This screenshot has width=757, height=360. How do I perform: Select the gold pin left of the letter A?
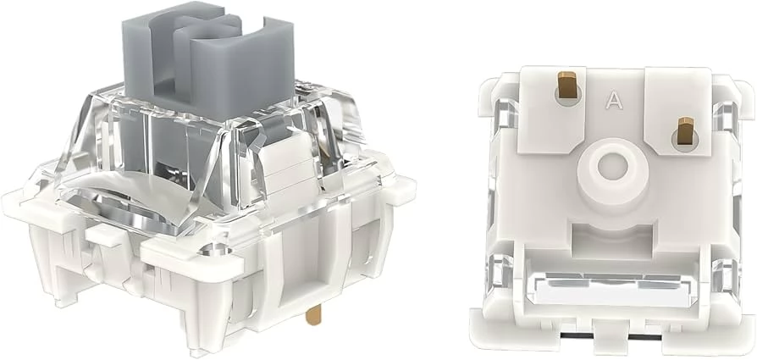point(567,84)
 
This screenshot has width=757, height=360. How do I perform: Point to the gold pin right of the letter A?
point(685,129)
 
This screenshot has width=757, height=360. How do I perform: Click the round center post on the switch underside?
point(613,169)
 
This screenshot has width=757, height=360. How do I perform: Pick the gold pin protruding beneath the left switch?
point(313,316)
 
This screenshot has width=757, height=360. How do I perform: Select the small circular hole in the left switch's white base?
point(215,251)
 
